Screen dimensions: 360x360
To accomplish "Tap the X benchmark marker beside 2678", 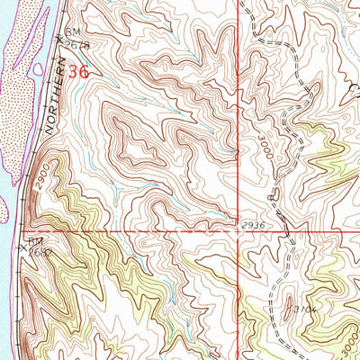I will pyautogui.click(x=59, y=39).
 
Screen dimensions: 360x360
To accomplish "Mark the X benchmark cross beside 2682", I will pyautogui.click(x=26, y=246).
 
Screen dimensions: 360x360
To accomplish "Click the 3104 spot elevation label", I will pyautogui.click(x=301, y=308).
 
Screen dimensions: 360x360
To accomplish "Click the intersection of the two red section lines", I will pyautogui.click(x=239, y=230).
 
